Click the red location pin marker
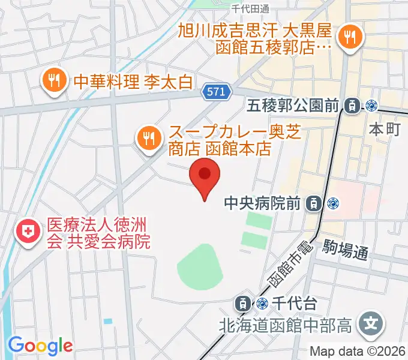coord(205,176)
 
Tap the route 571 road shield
coord(214,91)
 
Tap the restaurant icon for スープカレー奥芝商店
coord(148,139)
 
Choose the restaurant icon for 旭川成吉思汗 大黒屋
coord(349,38)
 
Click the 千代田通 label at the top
coord(250,8)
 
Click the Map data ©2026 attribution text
coord(358,352)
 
